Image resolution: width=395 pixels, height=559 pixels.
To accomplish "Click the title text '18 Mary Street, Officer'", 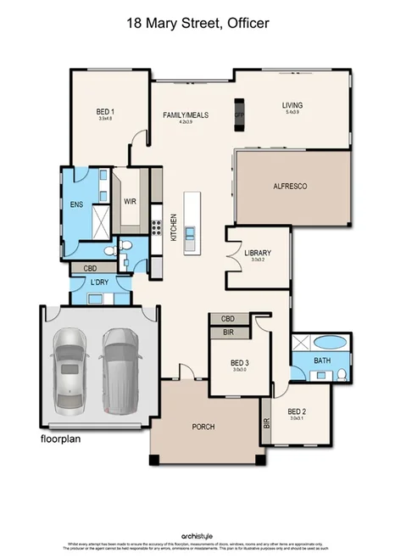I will click(x=197, y=24).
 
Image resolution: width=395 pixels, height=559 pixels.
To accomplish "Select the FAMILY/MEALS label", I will click(x=185, y=115).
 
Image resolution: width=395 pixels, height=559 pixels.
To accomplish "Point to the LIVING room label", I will click(x=292, y=106).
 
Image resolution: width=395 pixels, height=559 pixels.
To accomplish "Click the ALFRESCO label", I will click(x=289, y=185).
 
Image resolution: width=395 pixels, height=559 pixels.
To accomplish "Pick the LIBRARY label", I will click(x=256, y=254).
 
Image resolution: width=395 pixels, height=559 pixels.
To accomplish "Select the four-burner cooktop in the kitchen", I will click(x=155, y=226).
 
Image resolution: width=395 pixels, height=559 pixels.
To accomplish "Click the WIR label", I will click(x=131, y=202).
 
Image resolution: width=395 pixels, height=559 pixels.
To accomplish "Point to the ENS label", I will click(x=76, y=204).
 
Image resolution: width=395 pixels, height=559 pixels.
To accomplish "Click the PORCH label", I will click(x=203, y=427).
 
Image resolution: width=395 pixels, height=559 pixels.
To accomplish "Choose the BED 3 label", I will click(x=240, y=361).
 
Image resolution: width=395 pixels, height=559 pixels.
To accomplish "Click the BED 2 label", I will click(x=297, y=412).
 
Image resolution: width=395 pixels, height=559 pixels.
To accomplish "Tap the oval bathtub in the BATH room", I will click(x=327, y=344).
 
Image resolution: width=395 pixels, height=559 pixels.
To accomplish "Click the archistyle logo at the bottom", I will click(x=197, y=536).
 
